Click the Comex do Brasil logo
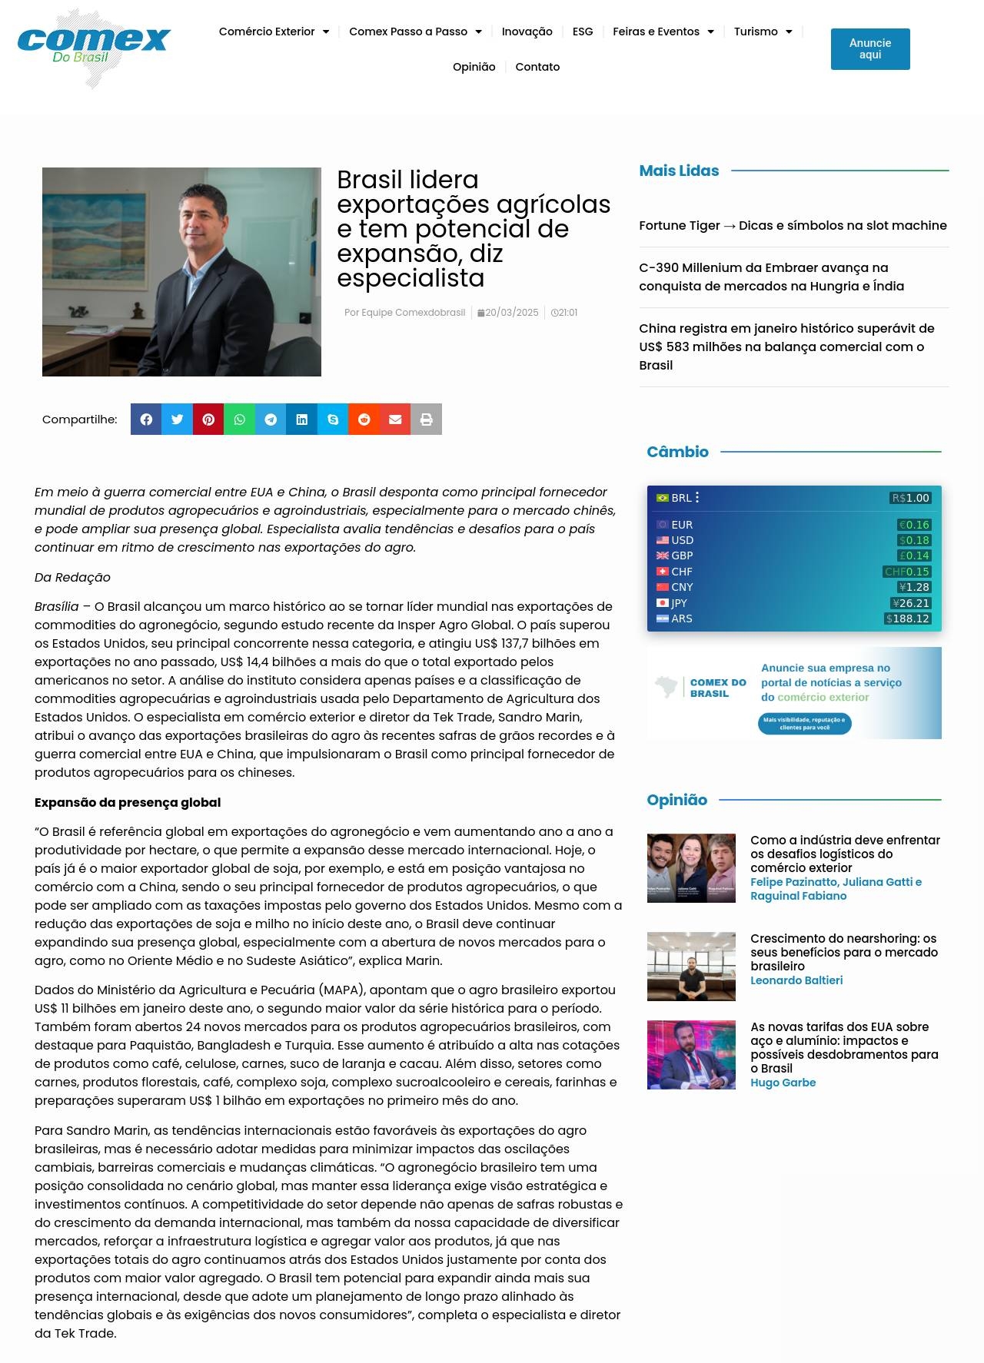(94, 48)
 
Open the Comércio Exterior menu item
(274, 32)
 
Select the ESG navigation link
(583, 32)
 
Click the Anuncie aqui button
(869, 49)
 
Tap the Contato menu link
(537, 67)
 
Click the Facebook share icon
(146, 420)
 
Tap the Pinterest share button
(208, 420)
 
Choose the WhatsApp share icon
(240, 420)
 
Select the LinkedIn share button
(302, 420)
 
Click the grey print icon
(426, 420)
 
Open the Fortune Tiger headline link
(793, 225)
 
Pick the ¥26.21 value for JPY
(911, 603)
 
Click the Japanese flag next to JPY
(662, 603)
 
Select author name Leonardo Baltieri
(796, 980)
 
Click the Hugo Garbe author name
(783, 1083)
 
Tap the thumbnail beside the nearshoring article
(691, 967)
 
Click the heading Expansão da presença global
(128, 802)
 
